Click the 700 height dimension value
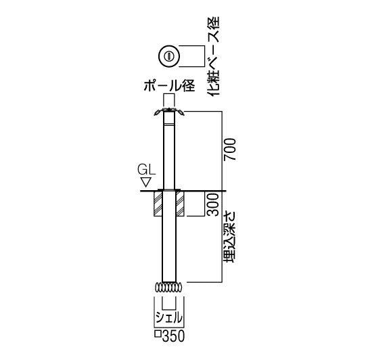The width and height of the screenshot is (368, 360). pyautogui.click(x=230, y=150)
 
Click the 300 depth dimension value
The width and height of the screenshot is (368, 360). pyautogui.click(x=213, y=204)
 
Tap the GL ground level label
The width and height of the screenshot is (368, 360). pyautogui.click(x=146, y=170)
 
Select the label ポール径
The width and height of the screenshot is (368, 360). pyautogui.click(x=169, y=86)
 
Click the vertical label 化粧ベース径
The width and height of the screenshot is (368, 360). pyautogui.click(x=213, y=56)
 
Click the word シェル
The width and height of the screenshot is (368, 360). pyautogui.click(x=168, y=318)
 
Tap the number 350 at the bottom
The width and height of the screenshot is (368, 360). pyautogui.click(x=173, y=336)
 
